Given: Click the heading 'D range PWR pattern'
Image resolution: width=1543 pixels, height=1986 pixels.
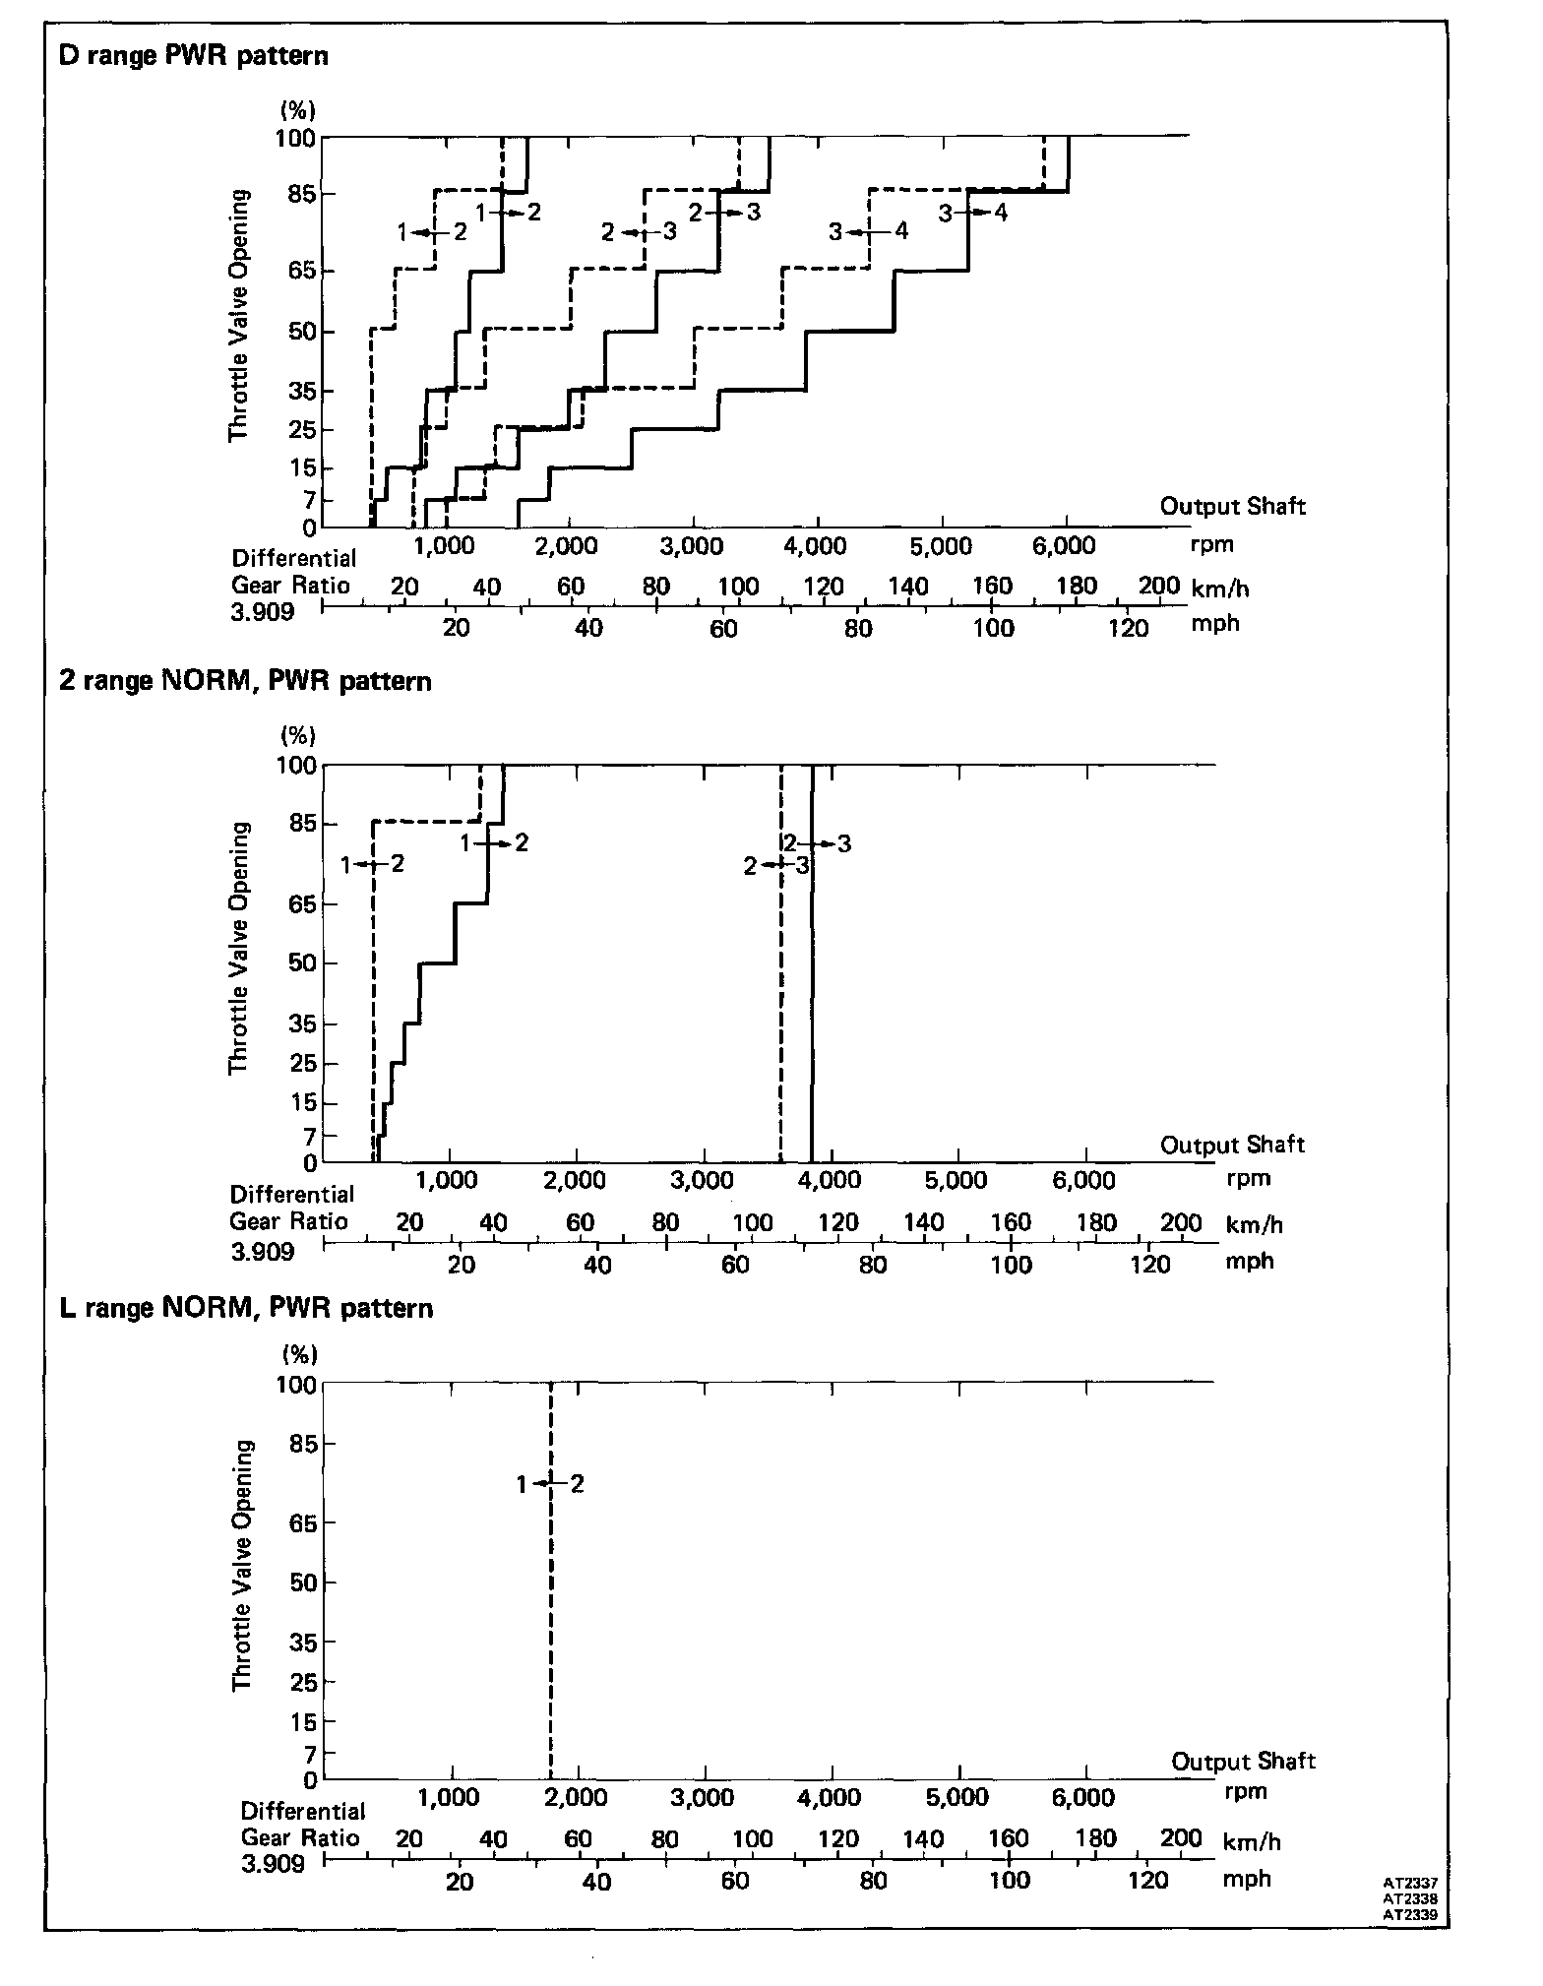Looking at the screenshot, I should [x=194, y=55].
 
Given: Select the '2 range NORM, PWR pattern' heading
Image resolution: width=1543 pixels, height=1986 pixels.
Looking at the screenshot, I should [x=245, y=681].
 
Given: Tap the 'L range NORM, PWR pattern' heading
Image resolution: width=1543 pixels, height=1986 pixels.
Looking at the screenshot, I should [x=246, y=1308].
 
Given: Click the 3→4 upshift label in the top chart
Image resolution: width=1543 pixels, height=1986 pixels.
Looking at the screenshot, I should [x=972, y=212].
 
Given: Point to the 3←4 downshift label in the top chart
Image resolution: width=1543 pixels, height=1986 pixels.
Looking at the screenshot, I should [x=867, y=232].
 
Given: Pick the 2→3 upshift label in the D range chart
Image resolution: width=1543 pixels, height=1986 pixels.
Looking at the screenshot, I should [x=724, y=212].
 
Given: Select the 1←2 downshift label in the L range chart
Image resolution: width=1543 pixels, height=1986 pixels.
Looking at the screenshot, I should [x=550, y=1484].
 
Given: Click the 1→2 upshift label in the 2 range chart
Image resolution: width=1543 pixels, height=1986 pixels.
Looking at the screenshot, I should [x=495, y=842].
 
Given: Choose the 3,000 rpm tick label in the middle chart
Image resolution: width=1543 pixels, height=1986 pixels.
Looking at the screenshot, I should [x=703, y=1180].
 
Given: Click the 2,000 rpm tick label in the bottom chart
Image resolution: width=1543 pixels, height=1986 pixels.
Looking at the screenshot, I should [x=576, y=1798].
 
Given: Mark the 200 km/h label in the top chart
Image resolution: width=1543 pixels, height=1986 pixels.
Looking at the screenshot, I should [x=1159, y=587].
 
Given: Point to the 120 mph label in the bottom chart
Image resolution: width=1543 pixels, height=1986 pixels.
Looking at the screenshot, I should [x=1147, y=1881].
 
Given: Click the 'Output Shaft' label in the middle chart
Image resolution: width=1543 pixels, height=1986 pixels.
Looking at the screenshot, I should [x=1232, y=1145].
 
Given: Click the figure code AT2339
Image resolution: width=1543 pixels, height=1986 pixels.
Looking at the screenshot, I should [x=1417, y=1915].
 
